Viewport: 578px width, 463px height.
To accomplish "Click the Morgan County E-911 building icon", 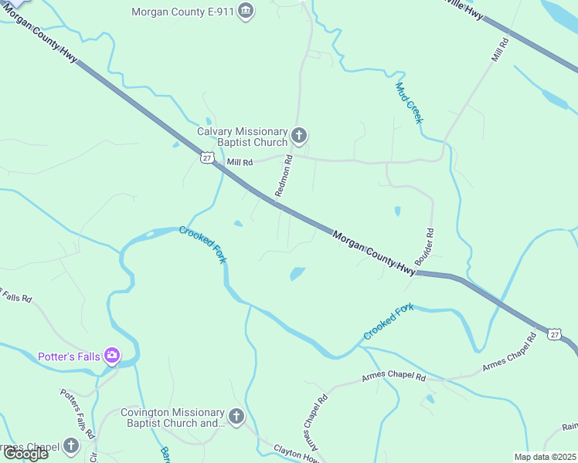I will tap(246, 11).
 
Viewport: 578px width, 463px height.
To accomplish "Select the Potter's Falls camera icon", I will tap(112, 356).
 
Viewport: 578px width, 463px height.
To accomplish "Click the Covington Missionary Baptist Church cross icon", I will tap(236, 417).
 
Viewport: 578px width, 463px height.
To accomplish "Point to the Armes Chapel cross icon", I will tap(71, 446).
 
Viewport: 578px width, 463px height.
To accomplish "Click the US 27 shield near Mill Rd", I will tap(206, 157).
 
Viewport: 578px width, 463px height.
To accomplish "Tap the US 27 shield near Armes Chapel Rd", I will tap(554, 333).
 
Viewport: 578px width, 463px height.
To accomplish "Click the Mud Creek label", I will tap(410, 103).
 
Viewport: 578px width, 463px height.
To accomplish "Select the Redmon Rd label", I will tap(284, 176).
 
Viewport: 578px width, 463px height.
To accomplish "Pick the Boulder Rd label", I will tap(425, 247).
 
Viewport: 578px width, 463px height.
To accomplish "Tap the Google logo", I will tap(26, 454).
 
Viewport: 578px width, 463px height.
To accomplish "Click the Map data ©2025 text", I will tap(545, 457).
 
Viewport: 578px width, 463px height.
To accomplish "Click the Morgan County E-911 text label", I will tap(183, 12).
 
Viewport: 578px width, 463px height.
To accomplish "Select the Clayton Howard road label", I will tap(297, 453).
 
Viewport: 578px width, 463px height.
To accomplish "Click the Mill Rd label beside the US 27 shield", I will tap(240, 163).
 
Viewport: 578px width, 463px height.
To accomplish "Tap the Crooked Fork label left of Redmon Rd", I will tap(202, 245).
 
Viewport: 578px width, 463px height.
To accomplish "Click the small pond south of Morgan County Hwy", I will tap(297, 273).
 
